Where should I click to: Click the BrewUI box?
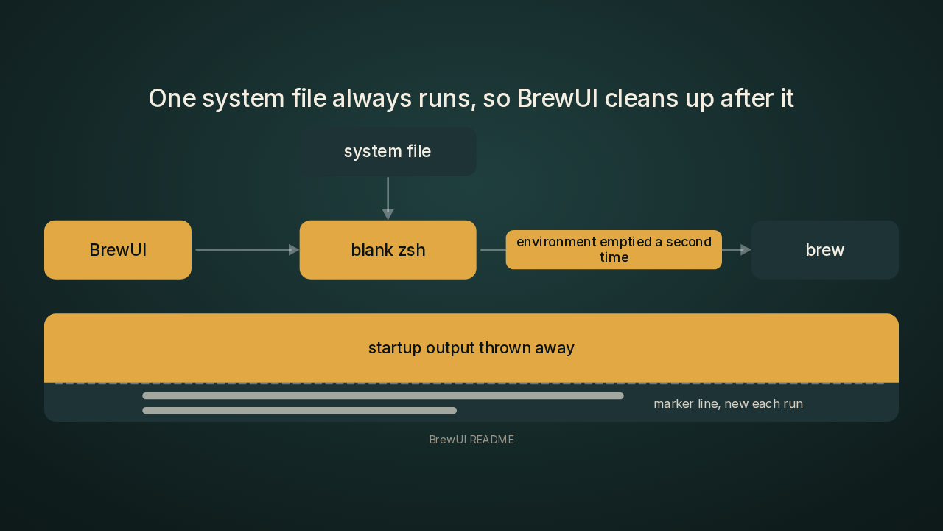coord(118,249)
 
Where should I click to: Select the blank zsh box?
coord(388,249)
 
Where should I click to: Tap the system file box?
coord(388,151)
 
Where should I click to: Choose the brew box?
coord(825,249)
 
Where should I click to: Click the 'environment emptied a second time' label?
coord(614,249)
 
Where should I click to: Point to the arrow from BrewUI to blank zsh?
coord(248,249)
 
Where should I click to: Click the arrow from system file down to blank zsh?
coord(388,198)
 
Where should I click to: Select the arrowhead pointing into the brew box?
coord(746,249)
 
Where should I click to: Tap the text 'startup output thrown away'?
coord(471,348)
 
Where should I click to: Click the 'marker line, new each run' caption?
coord(729,403)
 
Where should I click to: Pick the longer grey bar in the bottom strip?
coord(383,396)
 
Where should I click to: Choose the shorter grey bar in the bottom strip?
coord(299,411)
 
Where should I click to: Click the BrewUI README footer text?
coord(471,440)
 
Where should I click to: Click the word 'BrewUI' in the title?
coord(557,98)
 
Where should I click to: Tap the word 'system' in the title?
coord(243,99)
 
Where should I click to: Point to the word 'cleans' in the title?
coord(641,99)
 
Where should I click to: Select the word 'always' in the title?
coord(372,100)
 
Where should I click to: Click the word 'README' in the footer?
coord(492,440)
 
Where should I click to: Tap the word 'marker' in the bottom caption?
coord(673,403)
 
